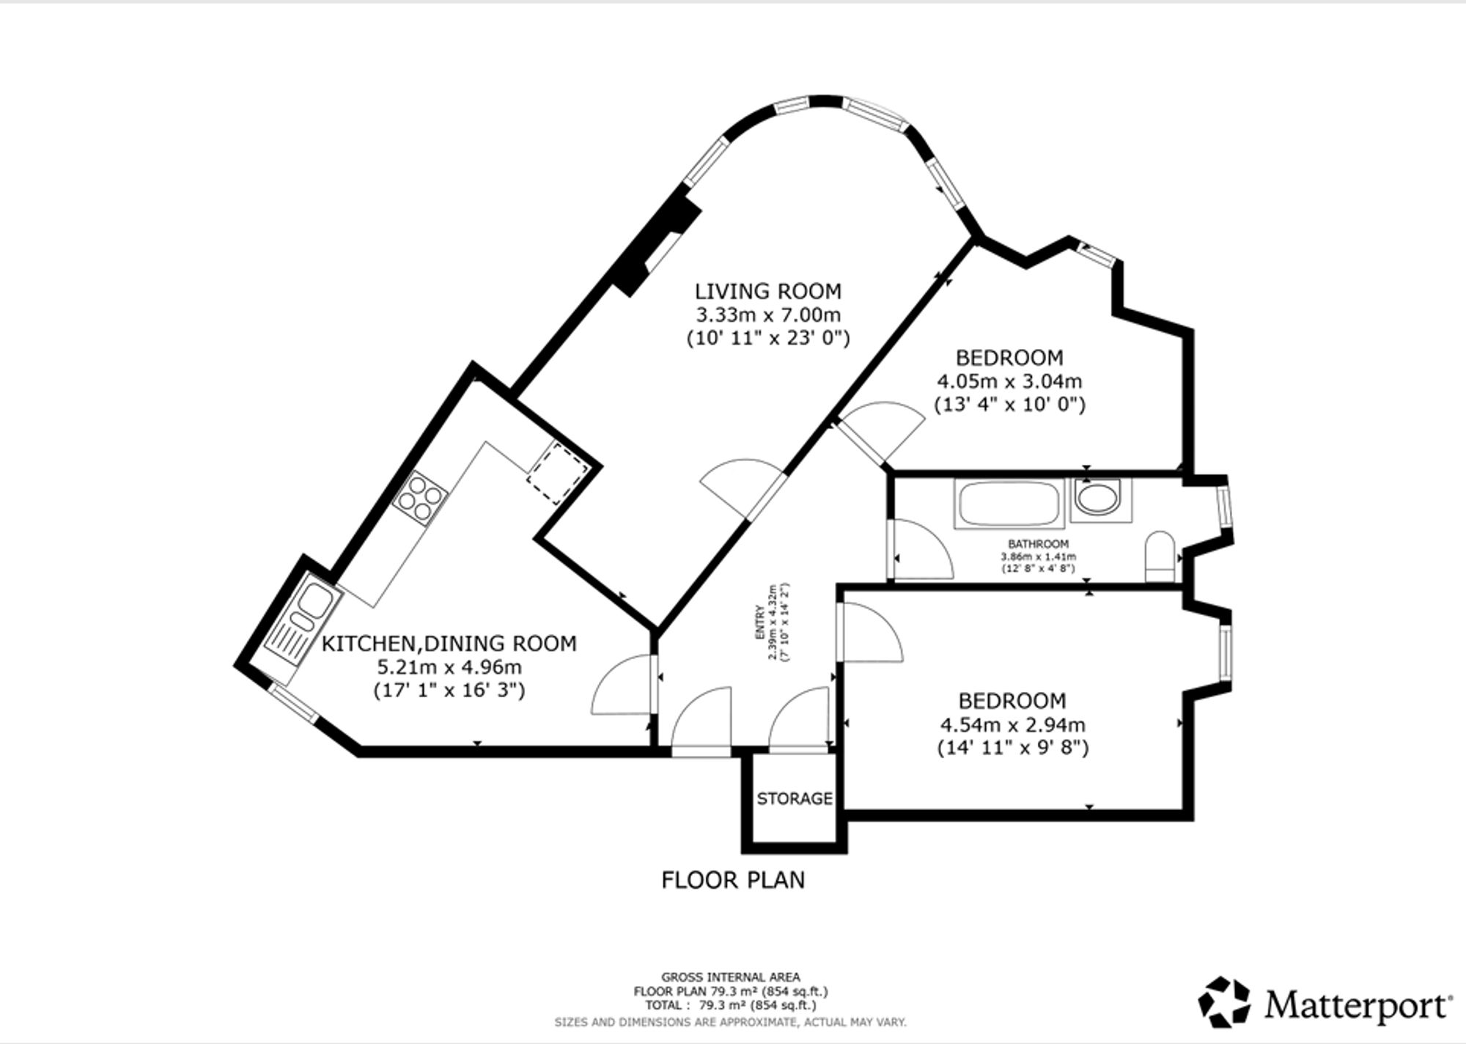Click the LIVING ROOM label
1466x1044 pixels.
[768, 292]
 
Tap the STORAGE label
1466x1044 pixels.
[795, 798]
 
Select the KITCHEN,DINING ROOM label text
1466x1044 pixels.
[449, 644]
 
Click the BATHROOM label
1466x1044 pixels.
[1039, 544]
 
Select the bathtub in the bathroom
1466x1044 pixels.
[1009, 503]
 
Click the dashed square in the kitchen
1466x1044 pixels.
[558, 473]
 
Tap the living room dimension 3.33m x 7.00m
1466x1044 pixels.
[768, 315]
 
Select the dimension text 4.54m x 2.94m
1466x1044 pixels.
[1013, 725]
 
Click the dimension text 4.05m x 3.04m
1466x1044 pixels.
[1010, 381]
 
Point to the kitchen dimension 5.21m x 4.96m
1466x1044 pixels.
[449, 667]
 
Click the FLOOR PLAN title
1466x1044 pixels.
[733, 880]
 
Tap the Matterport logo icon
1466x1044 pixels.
[1224, 1001]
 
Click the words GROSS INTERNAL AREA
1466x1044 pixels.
[731, 977]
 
